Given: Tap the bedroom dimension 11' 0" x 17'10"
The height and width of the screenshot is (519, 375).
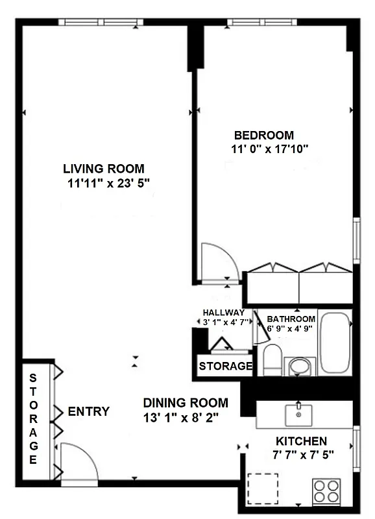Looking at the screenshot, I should click(x=264, y=149).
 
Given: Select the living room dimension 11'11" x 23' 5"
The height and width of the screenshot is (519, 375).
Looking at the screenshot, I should click(x=108, y=183).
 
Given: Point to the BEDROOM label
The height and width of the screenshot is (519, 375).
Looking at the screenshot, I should click(x=264, y=136).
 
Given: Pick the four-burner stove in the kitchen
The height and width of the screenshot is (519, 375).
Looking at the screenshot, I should click(x=327, y=491).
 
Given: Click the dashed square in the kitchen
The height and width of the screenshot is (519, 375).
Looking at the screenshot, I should click(x=263, y=489).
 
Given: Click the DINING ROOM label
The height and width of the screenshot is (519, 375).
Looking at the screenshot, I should click(x=186, y=402).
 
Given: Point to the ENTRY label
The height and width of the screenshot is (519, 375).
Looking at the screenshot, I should click(x=88, y=411).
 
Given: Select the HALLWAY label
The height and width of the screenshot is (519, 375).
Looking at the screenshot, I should click(x=223, y=313).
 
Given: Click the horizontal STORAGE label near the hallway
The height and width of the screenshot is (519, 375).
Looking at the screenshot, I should click(x=225, y=366).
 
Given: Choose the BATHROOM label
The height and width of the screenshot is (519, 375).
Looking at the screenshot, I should click(x=291, y=319).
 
